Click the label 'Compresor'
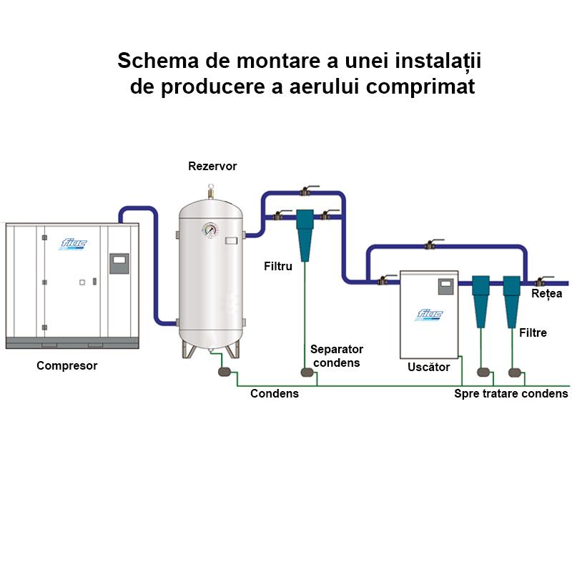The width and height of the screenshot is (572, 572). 66,366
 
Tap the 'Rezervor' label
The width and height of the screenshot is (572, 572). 212,167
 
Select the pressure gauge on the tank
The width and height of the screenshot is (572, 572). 209,230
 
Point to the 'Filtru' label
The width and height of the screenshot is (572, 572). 278,266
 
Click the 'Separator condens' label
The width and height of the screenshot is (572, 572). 336,355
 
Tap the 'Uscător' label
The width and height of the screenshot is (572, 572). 428,367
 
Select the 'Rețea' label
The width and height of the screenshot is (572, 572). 547,293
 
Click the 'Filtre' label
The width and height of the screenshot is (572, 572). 533,332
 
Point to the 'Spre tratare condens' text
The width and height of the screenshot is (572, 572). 511,393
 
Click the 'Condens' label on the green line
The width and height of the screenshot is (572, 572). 275,393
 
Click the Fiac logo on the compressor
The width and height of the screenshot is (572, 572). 73,242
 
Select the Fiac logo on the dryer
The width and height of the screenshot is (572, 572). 430,314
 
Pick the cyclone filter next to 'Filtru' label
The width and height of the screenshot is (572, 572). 307,232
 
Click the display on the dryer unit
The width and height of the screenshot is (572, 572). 447,284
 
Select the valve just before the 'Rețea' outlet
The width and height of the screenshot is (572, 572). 542,282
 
